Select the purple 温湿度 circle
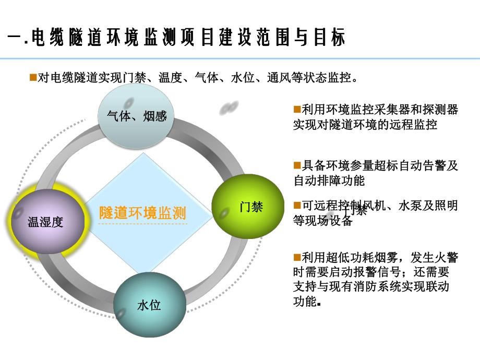pos(45,222)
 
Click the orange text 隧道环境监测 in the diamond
pos(142,213)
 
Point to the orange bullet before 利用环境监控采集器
pos(297,109)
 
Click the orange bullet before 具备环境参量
pos(297,165)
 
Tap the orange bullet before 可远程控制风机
pos(297,205)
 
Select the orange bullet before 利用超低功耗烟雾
pos(297,257)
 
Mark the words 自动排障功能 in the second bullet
pos(329,181)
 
